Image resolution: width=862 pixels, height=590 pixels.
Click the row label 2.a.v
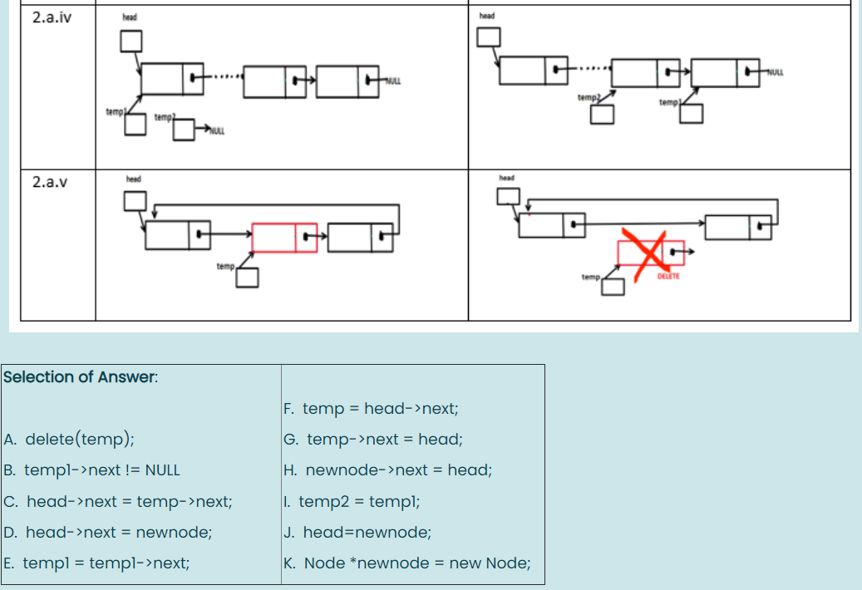49,182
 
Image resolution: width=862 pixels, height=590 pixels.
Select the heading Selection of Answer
80,377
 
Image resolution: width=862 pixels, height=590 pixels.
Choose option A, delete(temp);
70,440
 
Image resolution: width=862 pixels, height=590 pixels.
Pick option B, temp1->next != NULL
91,470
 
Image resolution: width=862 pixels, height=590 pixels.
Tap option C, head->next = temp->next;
118,501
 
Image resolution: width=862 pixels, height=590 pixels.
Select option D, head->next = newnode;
107,533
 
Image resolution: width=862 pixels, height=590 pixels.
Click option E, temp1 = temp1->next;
96,563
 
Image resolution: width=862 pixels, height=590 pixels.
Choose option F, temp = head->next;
371,409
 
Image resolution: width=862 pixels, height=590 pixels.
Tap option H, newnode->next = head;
387,470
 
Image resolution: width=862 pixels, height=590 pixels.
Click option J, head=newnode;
357,533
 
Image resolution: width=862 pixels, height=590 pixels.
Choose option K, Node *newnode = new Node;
407,563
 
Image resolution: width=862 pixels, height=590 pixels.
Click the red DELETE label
668,276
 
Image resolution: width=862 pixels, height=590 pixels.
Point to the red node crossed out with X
650,253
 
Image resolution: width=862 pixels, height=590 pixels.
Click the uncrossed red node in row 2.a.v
284,238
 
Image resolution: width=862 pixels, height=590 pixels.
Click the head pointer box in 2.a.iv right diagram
489,37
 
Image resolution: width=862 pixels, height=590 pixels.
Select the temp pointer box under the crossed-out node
613,287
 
